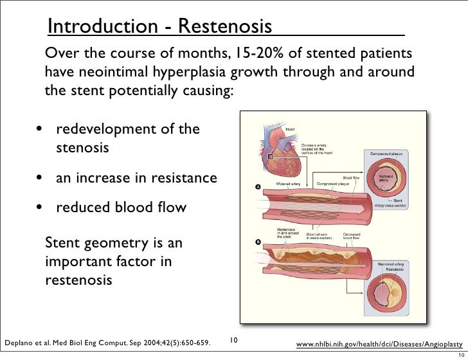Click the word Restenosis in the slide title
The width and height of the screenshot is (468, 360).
(x=224, y=26)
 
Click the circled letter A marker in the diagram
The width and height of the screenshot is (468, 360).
(x=257, y=187)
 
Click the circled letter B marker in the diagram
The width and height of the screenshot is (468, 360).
(x=257, y=242)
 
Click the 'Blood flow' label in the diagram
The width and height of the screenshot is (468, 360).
(x=351, y=177)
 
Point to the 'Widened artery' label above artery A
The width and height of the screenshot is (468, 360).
(x=288, y=184)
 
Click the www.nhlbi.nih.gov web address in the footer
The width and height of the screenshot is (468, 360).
(x=379, y=345)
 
